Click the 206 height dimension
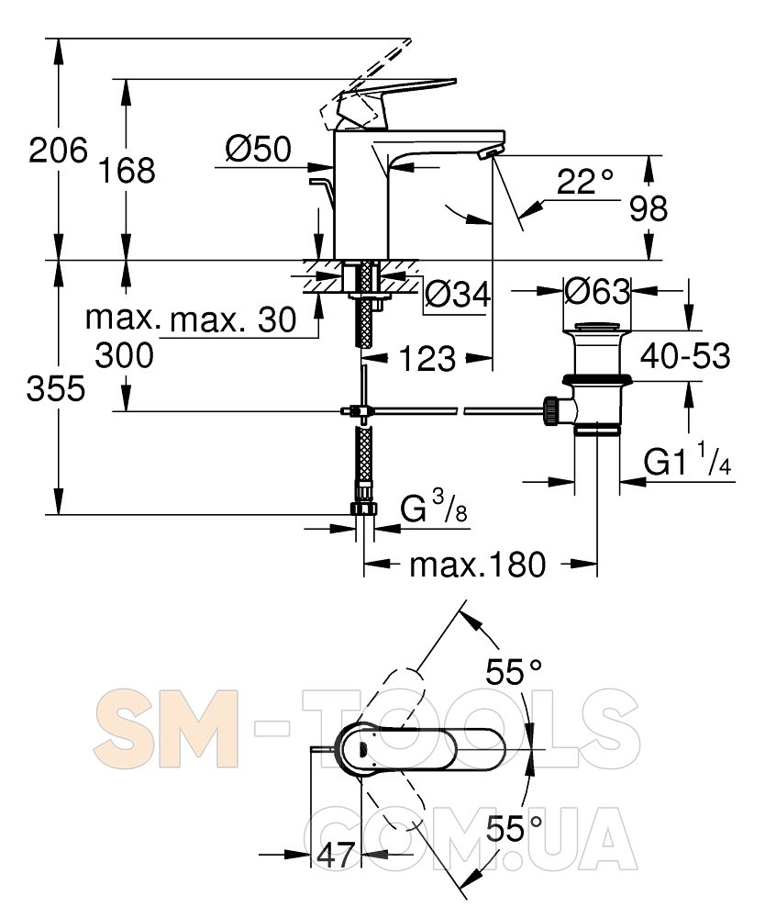tap(59, 151)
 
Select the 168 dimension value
tap(127, 171)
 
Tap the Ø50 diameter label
tap(258, 150)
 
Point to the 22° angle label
tap(584, 181)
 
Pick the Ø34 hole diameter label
tap(458, 294)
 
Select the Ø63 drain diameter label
tap(597, 290)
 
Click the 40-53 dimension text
tap(685, 355)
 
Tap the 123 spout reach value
tap(427, 358)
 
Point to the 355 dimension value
tap(56, 388)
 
